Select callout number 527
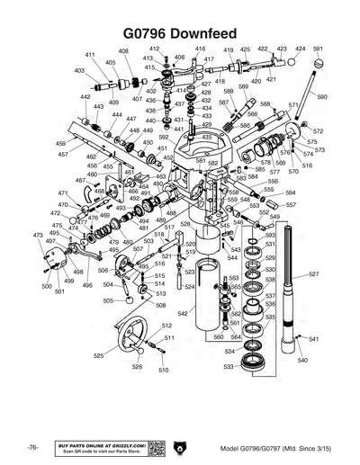(313, 273)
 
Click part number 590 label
(322, 95)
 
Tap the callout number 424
(301, 49)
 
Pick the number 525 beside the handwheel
(99, 356)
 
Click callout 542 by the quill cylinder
(183, 314)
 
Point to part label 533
(229, 367)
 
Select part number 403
(79, 70)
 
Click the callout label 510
(163, 370)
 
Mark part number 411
(90, 55)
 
